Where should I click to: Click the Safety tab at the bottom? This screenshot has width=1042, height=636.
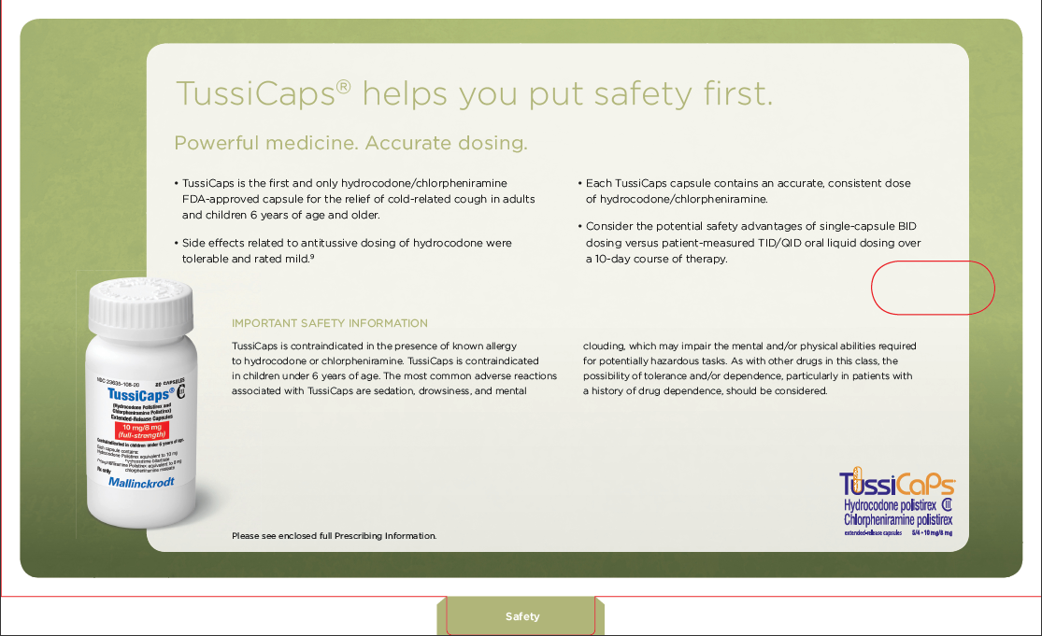(521, 616)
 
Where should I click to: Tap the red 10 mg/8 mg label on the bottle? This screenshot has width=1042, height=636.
(141, 430)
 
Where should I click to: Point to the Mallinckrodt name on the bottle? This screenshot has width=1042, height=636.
(141, 483)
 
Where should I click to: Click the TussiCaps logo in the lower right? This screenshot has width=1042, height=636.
(896, 485)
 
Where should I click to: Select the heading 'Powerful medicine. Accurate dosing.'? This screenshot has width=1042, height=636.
(350, 144)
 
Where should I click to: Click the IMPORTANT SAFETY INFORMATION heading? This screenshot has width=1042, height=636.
(330, 323)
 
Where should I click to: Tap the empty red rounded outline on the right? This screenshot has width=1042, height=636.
(933, 288)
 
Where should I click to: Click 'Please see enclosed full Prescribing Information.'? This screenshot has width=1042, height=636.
(334, 536)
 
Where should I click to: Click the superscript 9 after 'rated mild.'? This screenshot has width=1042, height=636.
(311, 256)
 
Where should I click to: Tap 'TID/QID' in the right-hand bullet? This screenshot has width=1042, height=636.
(802, 243)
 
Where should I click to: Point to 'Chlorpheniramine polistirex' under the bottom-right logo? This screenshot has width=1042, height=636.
(898, 519)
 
